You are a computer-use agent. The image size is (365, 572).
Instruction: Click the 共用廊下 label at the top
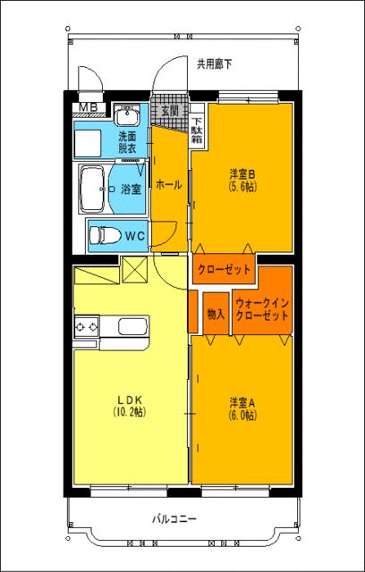tap(215, 63)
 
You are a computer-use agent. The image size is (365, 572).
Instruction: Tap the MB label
tap(89, 109)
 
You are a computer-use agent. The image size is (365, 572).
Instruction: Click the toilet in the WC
tap(106, 236)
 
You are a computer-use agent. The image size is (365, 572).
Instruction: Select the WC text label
tap(135, 236)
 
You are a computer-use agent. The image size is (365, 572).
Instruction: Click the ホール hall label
tap(169, 185)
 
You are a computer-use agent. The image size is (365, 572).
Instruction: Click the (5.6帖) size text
tap(242, 187)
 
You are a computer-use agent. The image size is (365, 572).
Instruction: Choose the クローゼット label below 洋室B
tap(224, 269)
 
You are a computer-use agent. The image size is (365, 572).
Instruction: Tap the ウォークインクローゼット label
tap(262, 309)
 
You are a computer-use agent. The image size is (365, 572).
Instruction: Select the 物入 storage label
tap(216, 314)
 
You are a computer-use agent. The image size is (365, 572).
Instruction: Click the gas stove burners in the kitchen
tap(86, 328)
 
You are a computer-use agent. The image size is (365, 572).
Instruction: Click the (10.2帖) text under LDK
tap(129, 412)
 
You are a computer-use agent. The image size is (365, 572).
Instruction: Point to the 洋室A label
tap(242, 402)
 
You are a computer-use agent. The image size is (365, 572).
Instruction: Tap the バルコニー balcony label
tap(174, 518)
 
